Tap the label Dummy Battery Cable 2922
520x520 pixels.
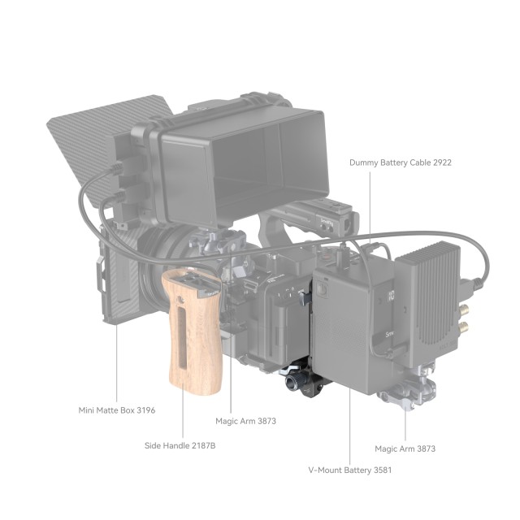[401, 162]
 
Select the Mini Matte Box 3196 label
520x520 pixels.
[117, 410]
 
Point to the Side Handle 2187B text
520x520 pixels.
[180, 445]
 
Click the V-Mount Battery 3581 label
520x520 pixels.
[350, 470]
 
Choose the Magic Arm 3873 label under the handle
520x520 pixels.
[245, 421]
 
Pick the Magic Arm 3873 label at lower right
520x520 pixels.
[405, 448]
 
